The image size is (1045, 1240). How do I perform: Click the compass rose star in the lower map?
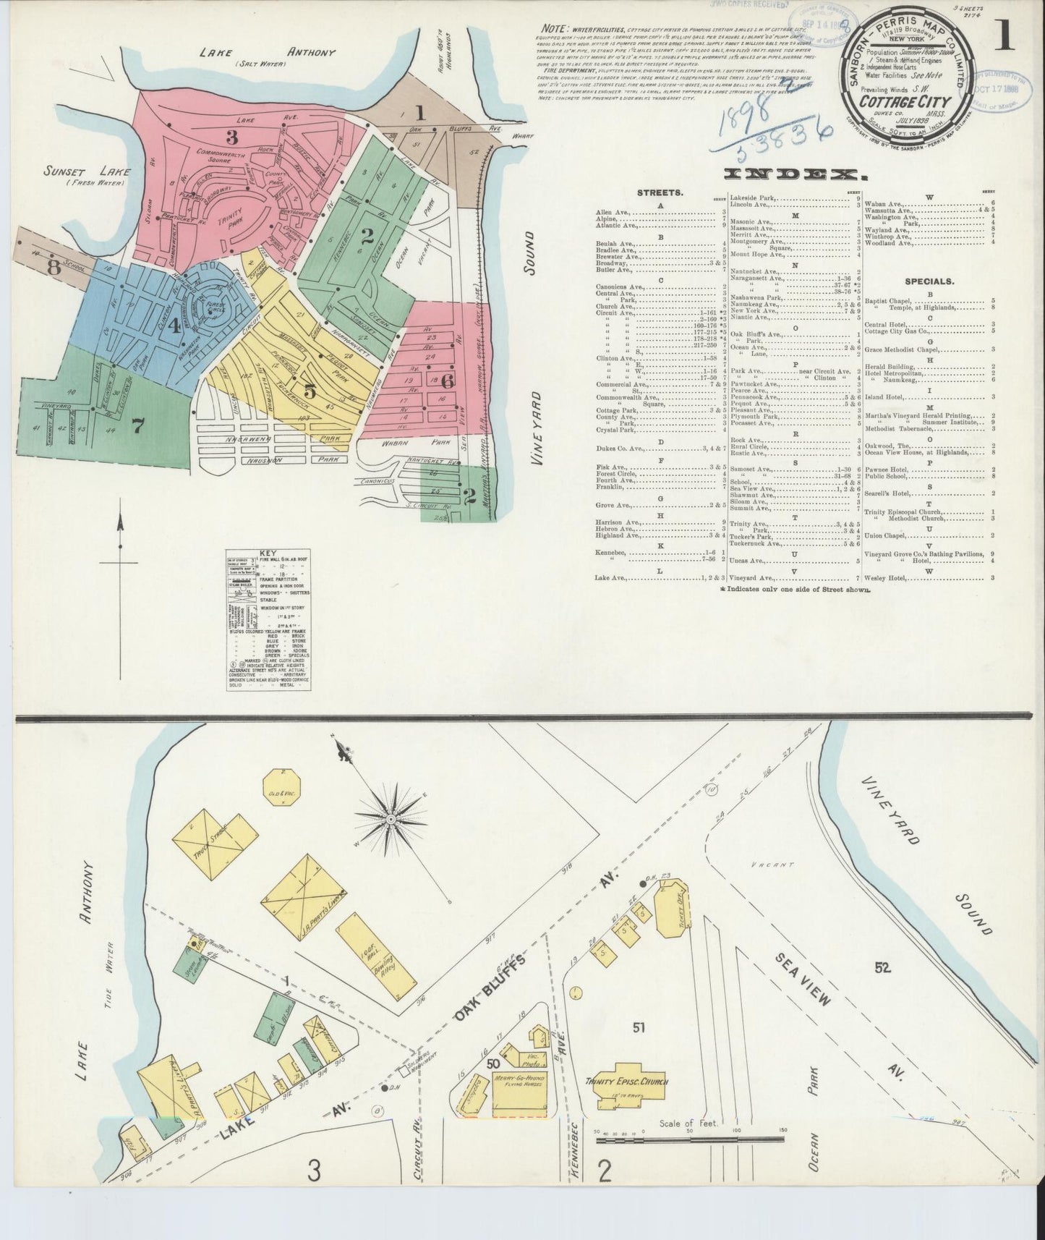[391, 818]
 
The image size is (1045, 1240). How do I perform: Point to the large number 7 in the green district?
[137, 427]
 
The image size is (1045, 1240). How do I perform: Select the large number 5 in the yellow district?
[310, 391]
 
